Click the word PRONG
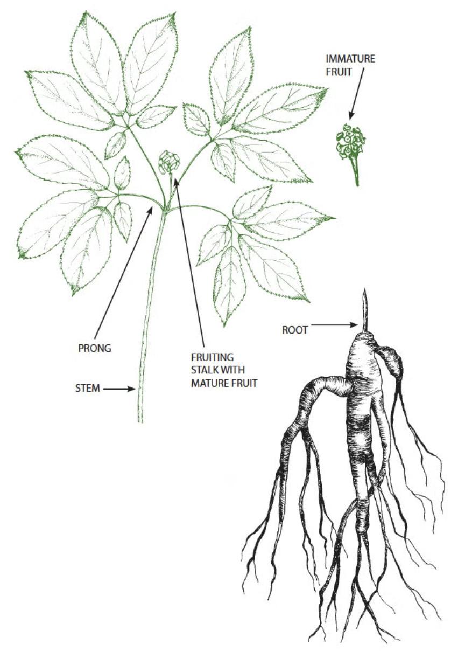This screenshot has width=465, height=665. (95, 348)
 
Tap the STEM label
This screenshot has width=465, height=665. (88, 388)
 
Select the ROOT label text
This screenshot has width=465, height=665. (295, 330)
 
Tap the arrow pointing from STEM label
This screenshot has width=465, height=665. (119, 388)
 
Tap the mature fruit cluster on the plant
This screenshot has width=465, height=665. (168, 161)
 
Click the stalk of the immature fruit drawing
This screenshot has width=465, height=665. (355, 172)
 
